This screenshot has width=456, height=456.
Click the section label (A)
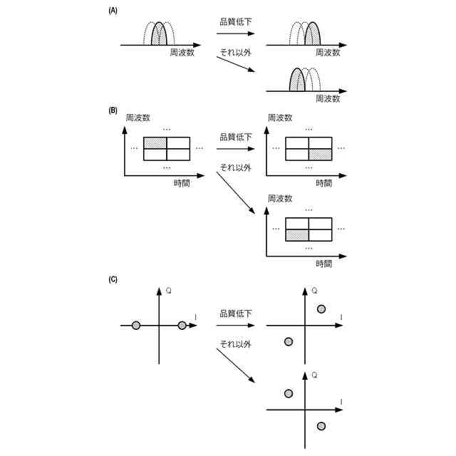pyautogui.click(x=113, y=11)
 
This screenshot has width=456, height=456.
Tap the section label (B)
pyautogui.click(x=113, y=110)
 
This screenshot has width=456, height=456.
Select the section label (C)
pyautogui.click(x=113, y=279)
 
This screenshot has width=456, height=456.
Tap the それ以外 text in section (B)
pyautogui.click(x=235, y=167)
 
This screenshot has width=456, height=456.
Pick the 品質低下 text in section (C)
pyautogui.click(x=235, y=313)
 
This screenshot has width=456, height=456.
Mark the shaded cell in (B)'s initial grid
pyautogui.click(x=155, y=142)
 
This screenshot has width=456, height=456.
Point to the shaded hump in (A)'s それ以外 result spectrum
pyautogui.click(x=297, y=81)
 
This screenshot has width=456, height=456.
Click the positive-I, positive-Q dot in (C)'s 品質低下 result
pyautogui.click(x=321, y=309)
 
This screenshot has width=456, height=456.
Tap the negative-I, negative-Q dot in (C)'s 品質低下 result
pyautogui.click(x=289, y=341)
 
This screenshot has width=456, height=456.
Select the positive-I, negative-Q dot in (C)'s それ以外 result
pyautogui.click(x=321, y=425)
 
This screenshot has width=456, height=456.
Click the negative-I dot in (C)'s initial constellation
pyautogui.click(x=136, y=326)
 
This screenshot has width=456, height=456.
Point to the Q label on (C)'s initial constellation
pyautogui.click(x=168, y=290)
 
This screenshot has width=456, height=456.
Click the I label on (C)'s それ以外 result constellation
pyautogui.click(x=342, y=403)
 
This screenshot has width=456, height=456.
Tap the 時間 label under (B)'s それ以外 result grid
pyautogui.click(x=323, y=263)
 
